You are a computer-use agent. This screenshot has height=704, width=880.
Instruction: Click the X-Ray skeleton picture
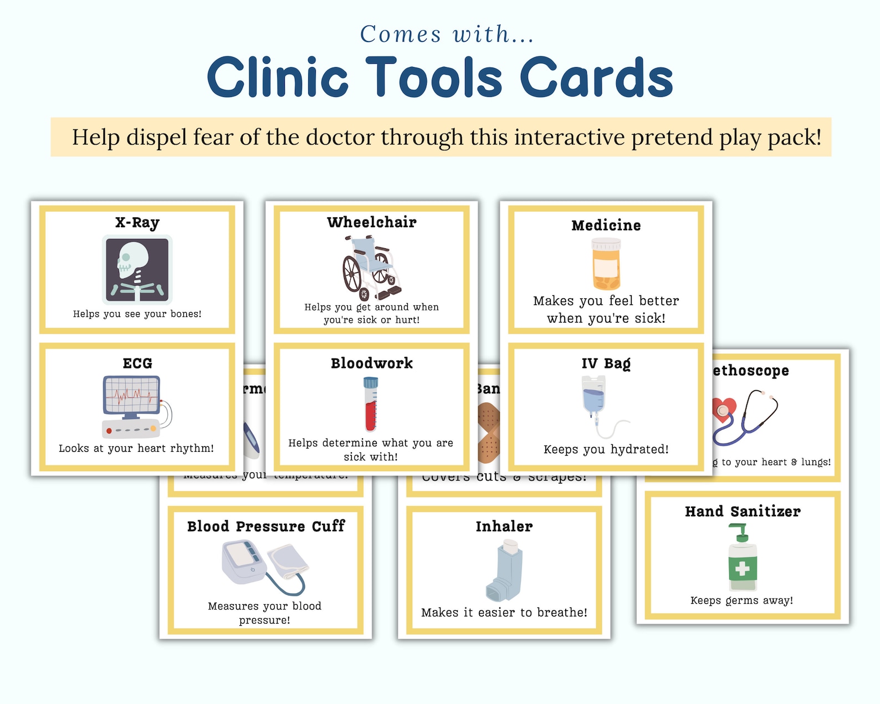coord(137,269)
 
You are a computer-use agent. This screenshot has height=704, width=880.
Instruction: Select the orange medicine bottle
coord(606,264)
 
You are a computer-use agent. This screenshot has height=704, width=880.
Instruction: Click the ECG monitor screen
coord(131,395)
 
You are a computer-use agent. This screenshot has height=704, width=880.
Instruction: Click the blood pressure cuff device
coord(265,565)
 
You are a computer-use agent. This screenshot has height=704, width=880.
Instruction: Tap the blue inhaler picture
coord(504,571)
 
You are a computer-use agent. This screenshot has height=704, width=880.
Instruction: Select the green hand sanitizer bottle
coord(742,560)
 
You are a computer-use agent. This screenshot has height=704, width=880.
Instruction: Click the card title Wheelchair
coord(371,222)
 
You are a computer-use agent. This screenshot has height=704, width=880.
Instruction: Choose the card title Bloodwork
coord(371,363)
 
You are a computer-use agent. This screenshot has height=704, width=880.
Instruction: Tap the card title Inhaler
coord(504,526)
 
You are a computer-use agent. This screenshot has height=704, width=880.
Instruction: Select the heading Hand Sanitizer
coord(743,511)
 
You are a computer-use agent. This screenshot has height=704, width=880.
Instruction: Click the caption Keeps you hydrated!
coord(606,449)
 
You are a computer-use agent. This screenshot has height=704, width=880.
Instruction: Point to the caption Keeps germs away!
coord(741,600)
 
